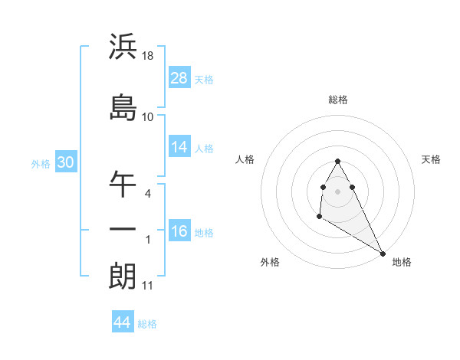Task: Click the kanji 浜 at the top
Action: pos(123,47)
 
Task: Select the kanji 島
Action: pos(123,107)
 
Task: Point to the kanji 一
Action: pos(123,230)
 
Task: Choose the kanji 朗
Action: pos(123,277)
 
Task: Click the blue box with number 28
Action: pos(179,77)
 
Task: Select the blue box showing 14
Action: pos(179,148)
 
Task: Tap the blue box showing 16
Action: pos(179,231)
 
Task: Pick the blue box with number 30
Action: pos(65,162)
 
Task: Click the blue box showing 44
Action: pos(123,322)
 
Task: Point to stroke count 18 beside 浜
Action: pos(149,57)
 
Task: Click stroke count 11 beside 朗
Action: pos(148,286)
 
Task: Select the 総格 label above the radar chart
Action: pos(338,100)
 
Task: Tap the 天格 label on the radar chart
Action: pos(432,159)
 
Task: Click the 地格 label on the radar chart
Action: pos(402,262)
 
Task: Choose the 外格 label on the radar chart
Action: pos(270,262)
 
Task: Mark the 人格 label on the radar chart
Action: pos(245,159)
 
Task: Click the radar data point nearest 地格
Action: pos(383,254)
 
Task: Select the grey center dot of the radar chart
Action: pos(338,191)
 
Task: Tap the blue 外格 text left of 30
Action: pos(40,163)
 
